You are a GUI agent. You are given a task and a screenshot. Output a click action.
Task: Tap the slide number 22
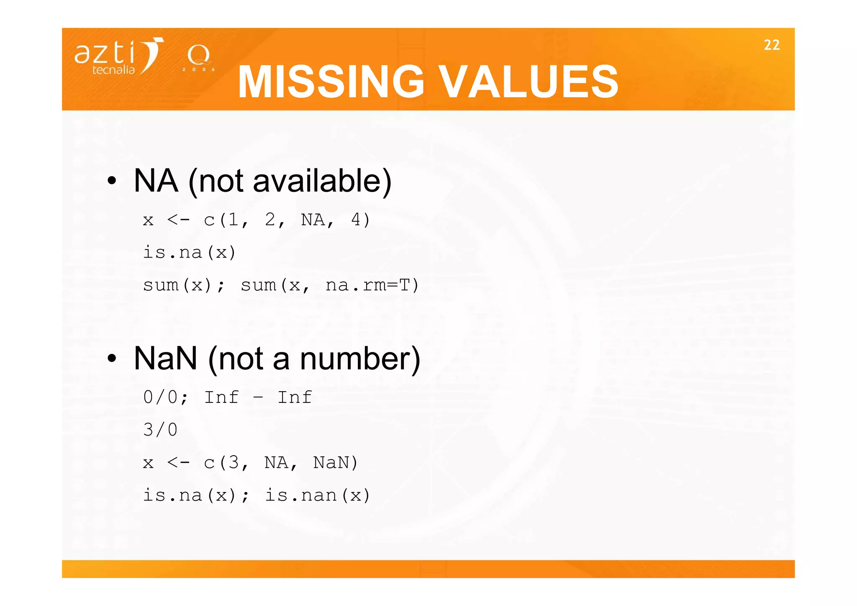771,45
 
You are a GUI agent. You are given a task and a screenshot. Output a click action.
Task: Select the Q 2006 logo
198,58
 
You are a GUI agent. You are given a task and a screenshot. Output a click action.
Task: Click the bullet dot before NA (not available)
111,181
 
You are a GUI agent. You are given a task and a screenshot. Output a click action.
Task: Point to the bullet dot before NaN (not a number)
111,359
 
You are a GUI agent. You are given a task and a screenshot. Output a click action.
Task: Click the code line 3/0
160,430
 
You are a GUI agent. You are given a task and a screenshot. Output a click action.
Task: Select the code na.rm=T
372,286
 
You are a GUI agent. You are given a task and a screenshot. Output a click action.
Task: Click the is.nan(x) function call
318,495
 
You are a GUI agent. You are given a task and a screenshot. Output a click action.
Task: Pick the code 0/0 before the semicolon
160,397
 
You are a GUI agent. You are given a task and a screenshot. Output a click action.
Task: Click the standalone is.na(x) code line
190,253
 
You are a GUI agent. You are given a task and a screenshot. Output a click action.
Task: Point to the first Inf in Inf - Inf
221,397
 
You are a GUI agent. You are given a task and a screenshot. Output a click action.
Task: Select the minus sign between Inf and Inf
258,397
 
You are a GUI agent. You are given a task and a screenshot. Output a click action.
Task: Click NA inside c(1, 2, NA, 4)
313,219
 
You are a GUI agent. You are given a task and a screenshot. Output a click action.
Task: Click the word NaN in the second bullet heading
165,359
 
